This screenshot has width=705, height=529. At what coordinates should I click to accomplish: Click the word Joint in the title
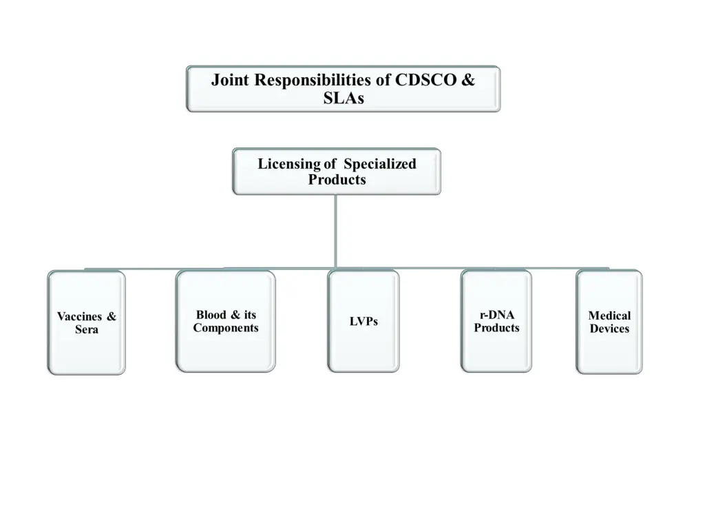[230, 80]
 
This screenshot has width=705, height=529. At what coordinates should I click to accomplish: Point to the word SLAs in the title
[343, 98]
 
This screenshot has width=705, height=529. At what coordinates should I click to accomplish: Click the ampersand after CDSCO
[467, 80]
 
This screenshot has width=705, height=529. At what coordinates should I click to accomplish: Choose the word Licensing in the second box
[289, 164]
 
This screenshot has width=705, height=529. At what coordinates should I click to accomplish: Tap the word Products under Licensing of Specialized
[337, 180]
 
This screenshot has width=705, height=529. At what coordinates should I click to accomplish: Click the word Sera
[87, 330]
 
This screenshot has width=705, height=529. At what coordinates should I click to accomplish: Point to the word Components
[226, 328]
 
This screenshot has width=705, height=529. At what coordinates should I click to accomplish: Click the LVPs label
[364, 322]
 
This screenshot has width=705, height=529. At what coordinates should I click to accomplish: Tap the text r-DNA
[496, 315]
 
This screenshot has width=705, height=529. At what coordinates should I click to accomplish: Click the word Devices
[609, 329]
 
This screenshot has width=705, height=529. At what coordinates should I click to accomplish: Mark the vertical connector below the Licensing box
[335, 231]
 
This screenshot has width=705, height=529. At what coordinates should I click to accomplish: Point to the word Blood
[210, 315]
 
